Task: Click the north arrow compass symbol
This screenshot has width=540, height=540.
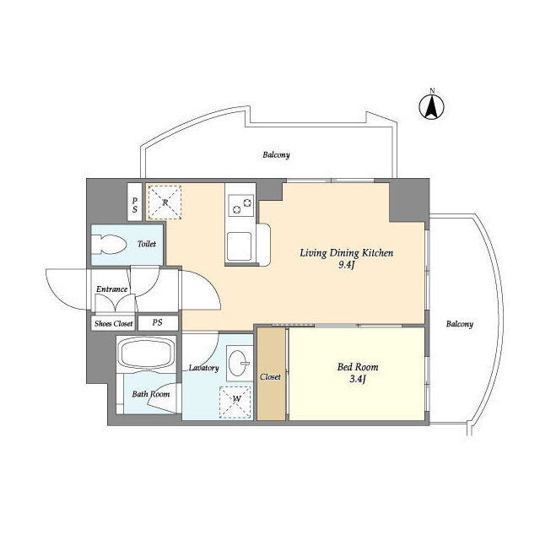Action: tap(431, 106)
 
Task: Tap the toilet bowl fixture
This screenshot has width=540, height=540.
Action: tap(109, 244)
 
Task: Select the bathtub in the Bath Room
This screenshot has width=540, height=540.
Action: tap(147, 354)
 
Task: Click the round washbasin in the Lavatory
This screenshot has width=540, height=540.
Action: tap(238, 363)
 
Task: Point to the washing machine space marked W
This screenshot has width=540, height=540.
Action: tap(236, 402)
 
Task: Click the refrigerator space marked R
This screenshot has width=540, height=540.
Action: tap(165, 202)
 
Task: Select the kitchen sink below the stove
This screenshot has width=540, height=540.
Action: tap(239, 246)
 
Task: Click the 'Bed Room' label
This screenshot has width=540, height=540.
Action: tap(358, 367)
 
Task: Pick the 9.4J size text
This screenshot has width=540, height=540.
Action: tap(346, 266)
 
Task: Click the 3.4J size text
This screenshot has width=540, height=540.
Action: tap(358, 380)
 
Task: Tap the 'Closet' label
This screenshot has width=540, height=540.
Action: tap(270, 377)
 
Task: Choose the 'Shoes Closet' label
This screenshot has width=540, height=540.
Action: tap(114, 324)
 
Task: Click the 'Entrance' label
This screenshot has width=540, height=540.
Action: tap(111, 289)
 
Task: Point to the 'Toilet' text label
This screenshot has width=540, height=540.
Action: tap(147, 244)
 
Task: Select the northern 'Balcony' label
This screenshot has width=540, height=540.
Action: tap(276, 155)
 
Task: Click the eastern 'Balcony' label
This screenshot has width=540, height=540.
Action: tap(459, 324)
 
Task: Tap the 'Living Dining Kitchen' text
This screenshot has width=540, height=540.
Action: tap(346, 253)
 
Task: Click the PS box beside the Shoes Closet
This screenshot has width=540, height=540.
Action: tap(158, 323)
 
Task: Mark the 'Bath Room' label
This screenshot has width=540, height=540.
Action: tap(151, 394)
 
